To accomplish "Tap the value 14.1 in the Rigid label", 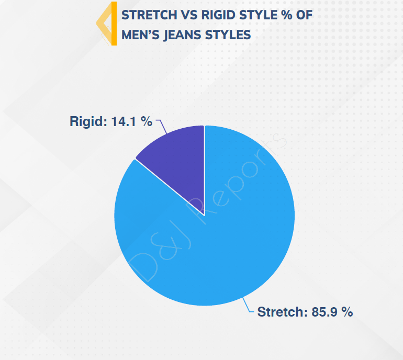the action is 124,121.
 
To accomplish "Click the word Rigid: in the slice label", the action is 88,121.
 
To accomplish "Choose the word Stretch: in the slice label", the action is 283,312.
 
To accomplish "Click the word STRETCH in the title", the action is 149,15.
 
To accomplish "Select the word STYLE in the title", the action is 259,15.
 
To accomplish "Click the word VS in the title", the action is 189,15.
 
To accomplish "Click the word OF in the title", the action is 304,15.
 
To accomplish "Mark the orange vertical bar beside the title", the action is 114,24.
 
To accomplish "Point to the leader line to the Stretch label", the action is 247,306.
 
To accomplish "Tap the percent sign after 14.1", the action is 147,121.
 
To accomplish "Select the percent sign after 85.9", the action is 347,312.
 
